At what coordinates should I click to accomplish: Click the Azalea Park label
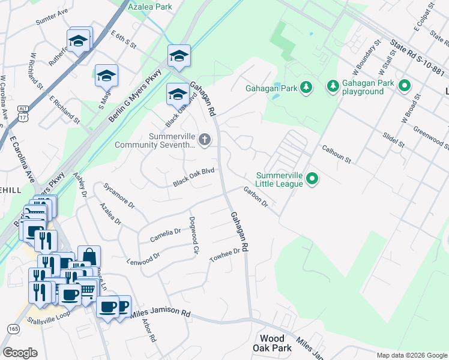pyautogui.click(x=150, y=7)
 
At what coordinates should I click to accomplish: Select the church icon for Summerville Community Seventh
pyautogui.click(x=205, y=140)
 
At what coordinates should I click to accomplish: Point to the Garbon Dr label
pyautogui.click(x=256, y=197)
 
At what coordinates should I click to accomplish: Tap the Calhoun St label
pyautogui.click(x=336, y=154)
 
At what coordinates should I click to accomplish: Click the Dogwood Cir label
pyautogui.click(x=193, y=236)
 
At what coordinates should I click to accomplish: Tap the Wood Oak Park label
pyautogui.click(x=276, y=343)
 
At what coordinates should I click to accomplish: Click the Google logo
pyautogui.click(x=21, y=352)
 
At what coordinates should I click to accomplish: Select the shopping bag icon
pyautogui.click(x=89, y=256)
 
